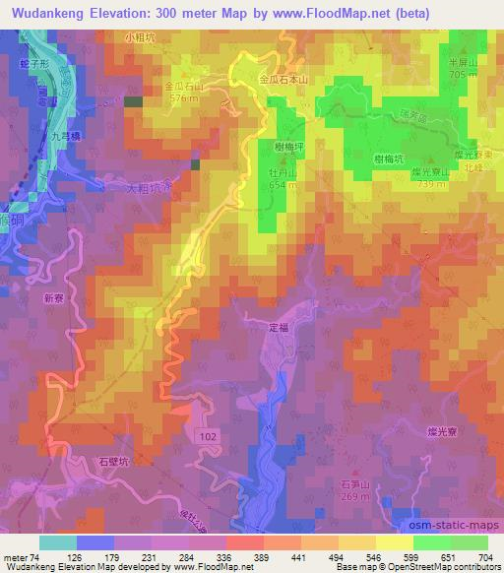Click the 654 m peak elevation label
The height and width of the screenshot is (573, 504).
[x=283, y=185]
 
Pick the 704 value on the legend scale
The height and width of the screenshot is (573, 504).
[x=482, y=554]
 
